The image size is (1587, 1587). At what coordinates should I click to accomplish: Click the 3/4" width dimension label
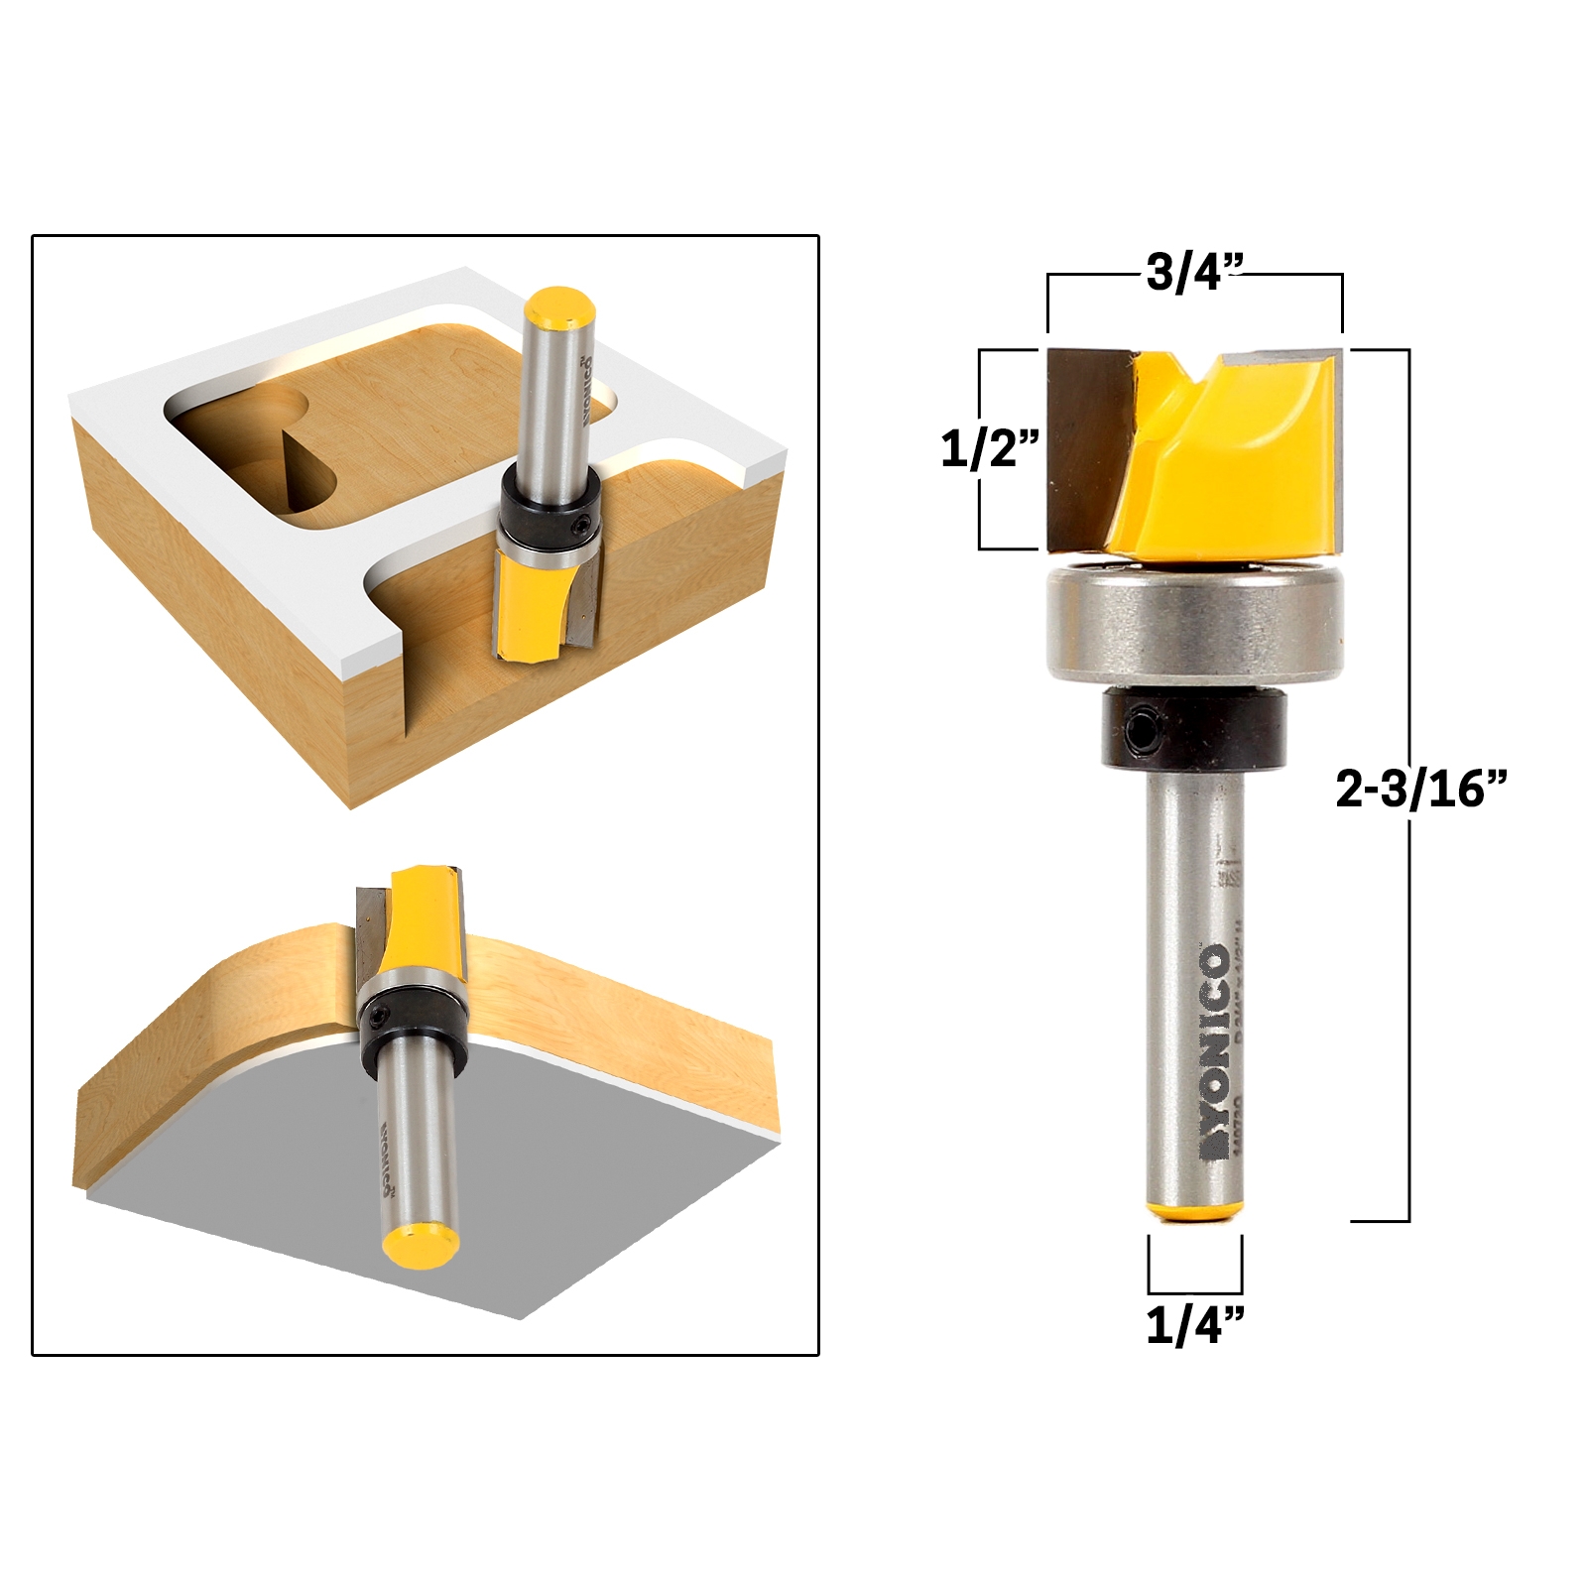coord(1194,272)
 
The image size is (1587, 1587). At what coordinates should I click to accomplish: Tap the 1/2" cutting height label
coord(989,448)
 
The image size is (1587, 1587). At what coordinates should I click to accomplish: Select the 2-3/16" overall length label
coord(1420,789)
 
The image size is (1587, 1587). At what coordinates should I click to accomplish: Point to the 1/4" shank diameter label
coord(1194,1324)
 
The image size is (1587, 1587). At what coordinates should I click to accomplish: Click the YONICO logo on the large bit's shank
coord(1216,1051)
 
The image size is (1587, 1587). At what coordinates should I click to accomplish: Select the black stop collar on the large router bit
coord(1194,729)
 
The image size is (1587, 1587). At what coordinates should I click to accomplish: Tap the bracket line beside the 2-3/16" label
coord(1407,992)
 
